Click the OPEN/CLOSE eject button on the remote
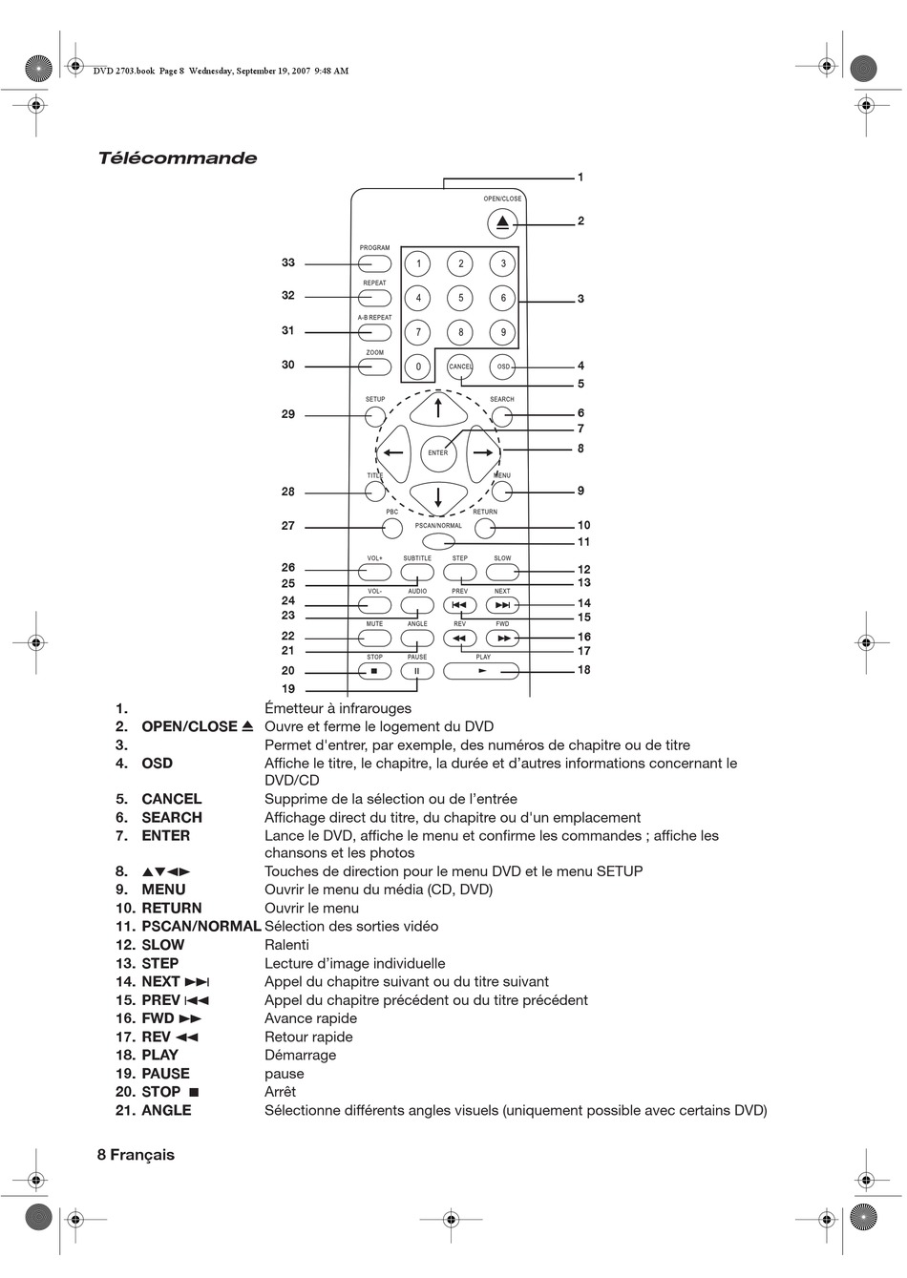[502, 224]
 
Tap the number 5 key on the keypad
[460, 298]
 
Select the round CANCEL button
[460, 367]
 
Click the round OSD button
[503, 367]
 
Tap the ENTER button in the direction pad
[437, 452]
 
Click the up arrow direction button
[437, 409]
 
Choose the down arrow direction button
[437, 496]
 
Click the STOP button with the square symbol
[374, 671]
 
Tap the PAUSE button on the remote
[417, 671]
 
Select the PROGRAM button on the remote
[375, 263]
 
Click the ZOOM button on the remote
[375, 367]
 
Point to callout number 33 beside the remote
[288, 262]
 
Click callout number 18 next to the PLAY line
[583, 670]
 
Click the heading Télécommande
[178, 158]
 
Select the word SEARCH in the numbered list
[172, 818]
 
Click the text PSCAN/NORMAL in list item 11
[200, 927]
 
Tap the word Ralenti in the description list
[286, 945]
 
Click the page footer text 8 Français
[136, 1155]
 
